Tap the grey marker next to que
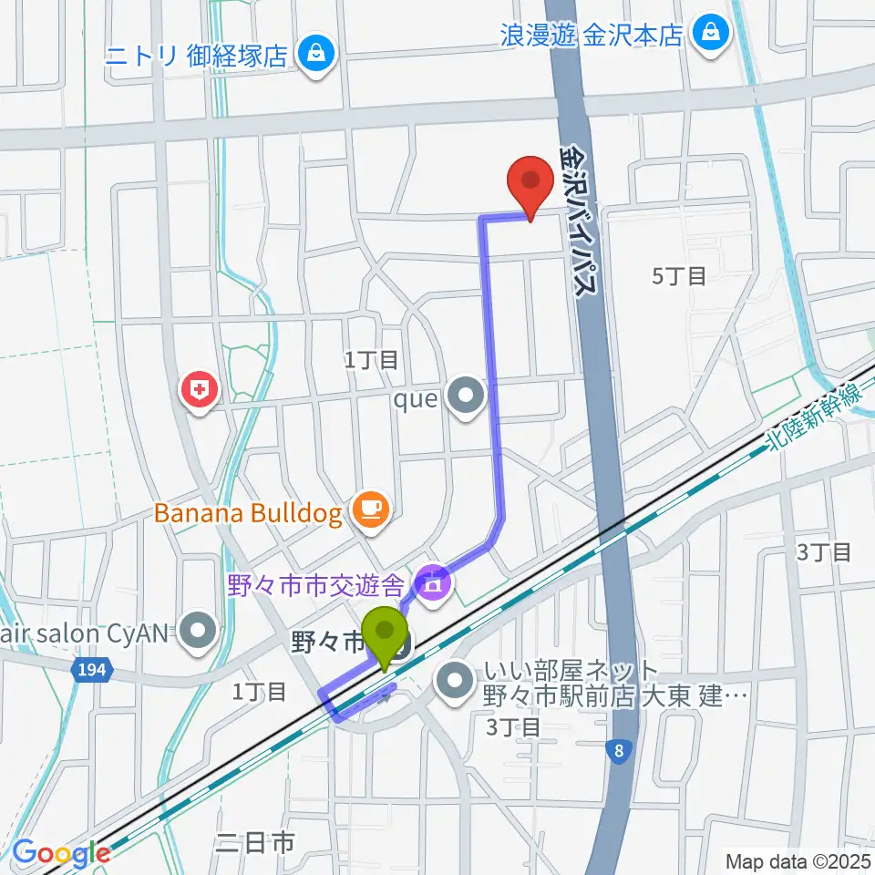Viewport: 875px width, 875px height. pos(468,396)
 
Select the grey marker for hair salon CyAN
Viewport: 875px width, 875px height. pos(196,630)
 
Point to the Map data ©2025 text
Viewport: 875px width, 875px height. pos(798,860)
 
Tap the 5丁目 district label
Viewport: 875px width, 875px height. pos(680,275)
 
